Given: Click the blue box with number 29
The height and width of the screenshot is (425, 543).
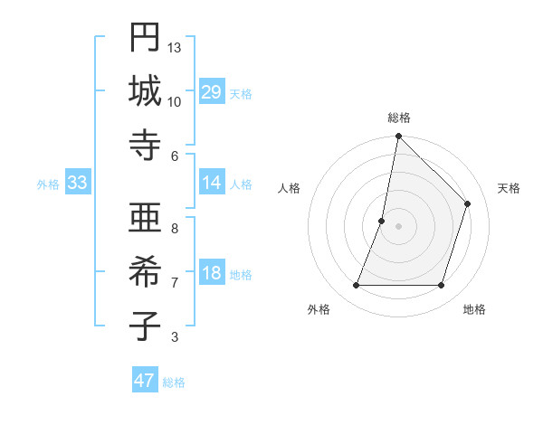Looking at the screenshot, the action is (x=212, y=92).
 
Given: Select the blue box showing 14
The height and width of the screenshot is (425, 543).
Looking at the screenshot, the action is (x=212, y=184).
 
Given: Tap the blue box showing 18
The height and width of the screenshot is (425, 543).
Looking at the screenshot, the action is (x=212, y=274).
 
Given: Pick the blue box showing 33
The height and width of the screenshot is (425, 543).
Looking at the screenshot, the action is (x=78, y=184).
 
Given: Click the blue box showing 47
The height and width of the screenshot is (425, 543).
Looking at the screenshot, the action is (x=145, y=381).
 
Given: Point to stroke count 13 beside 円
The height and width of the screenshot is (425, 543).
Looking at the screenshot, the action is (x=175, y=47).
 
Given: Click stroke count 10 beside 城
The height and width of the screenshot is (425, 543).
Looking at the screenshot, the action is (x=175, y=101).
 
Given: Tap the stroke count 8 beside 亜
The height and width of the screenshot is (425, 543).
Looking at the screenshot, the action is (x=175, y=228).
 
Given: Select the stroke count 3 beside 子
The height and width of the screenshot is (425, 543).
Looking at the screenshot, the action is (x=175, y=337).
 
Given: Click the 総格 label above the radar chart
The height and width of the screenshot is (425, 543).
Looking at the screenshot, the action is (x=399, y=118).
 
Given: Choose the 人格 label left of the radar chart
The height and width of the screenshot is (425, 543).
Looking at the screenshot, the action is (x=290, y=188).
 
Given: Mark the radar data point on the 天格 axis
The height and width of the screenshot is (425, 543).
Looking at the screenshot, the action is (x=468, y=203).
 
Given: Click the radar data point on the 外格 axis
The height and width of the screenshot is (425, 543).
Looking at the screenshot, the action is (x=356, y=286).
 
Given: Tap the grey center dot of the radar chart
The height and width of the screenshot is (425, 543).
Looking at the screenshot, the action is (x=398, y=226).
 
